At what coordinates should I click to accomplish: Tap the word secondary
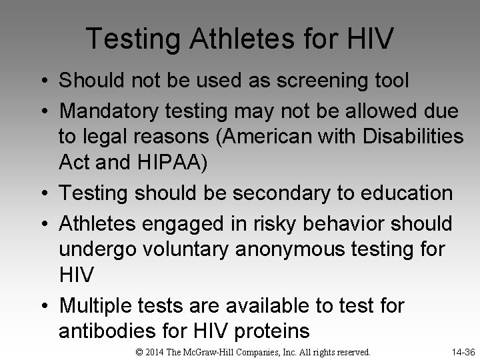point(282,193)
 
